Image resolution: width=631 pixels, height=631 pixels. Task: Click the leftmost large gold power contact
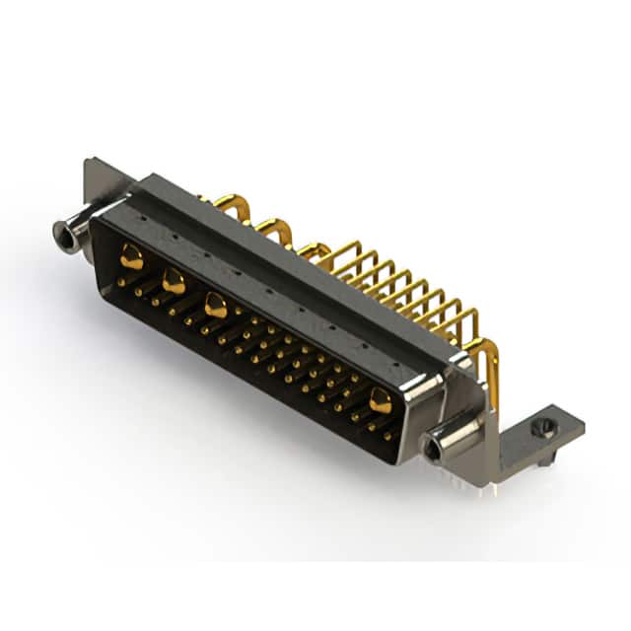(131, 259)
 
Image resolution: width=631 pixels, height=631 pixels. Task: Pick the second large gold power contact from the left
(174, 282)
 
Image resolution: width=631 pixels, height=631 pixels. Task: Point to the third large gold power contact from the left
(215, 307)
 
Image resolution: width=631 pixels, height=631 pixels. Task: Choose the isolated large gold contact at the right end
(380, 399)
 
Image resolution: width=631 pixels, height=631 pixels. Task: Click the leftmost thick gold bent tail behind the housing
(230, 204)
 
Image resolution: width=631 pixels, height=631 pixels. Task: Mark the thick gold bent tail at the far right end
(486, 365)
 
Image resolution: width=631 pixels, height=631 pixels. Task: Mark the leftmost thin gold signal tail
(340, 258)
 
